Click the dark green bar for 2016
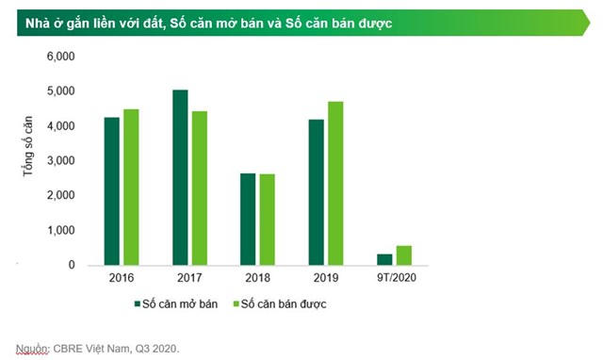pos(112,191)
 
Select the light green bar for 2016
pos(131,188)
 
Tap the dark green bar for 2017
pos(180,177)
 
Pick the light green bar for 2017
pos(199,188)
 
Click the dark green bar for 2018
pos(248,220)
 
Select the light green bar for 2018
pos(267,220)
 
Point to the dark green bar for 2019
pos(317,192)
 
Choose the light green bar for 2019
pos(335,184)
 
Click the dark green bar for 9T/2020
pos(384,260)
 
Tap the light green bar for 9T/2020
pos(403,255)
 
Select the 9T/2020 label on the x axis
pos(394,279)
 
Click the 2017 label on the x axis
pos(189,279)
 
